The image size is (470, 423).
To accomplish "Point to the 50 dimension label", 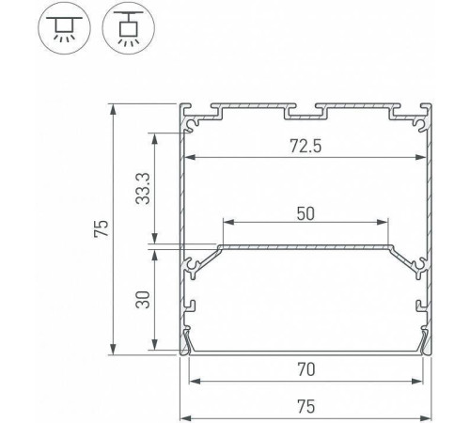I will point(305,213).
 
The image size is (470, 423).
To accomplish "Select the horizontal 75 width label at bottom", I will point(305,407).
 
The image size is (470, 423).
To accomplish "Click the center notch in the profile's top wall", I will point(305,115).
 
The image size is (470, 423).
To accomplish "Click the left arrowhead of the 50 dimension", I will point(226,223).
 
